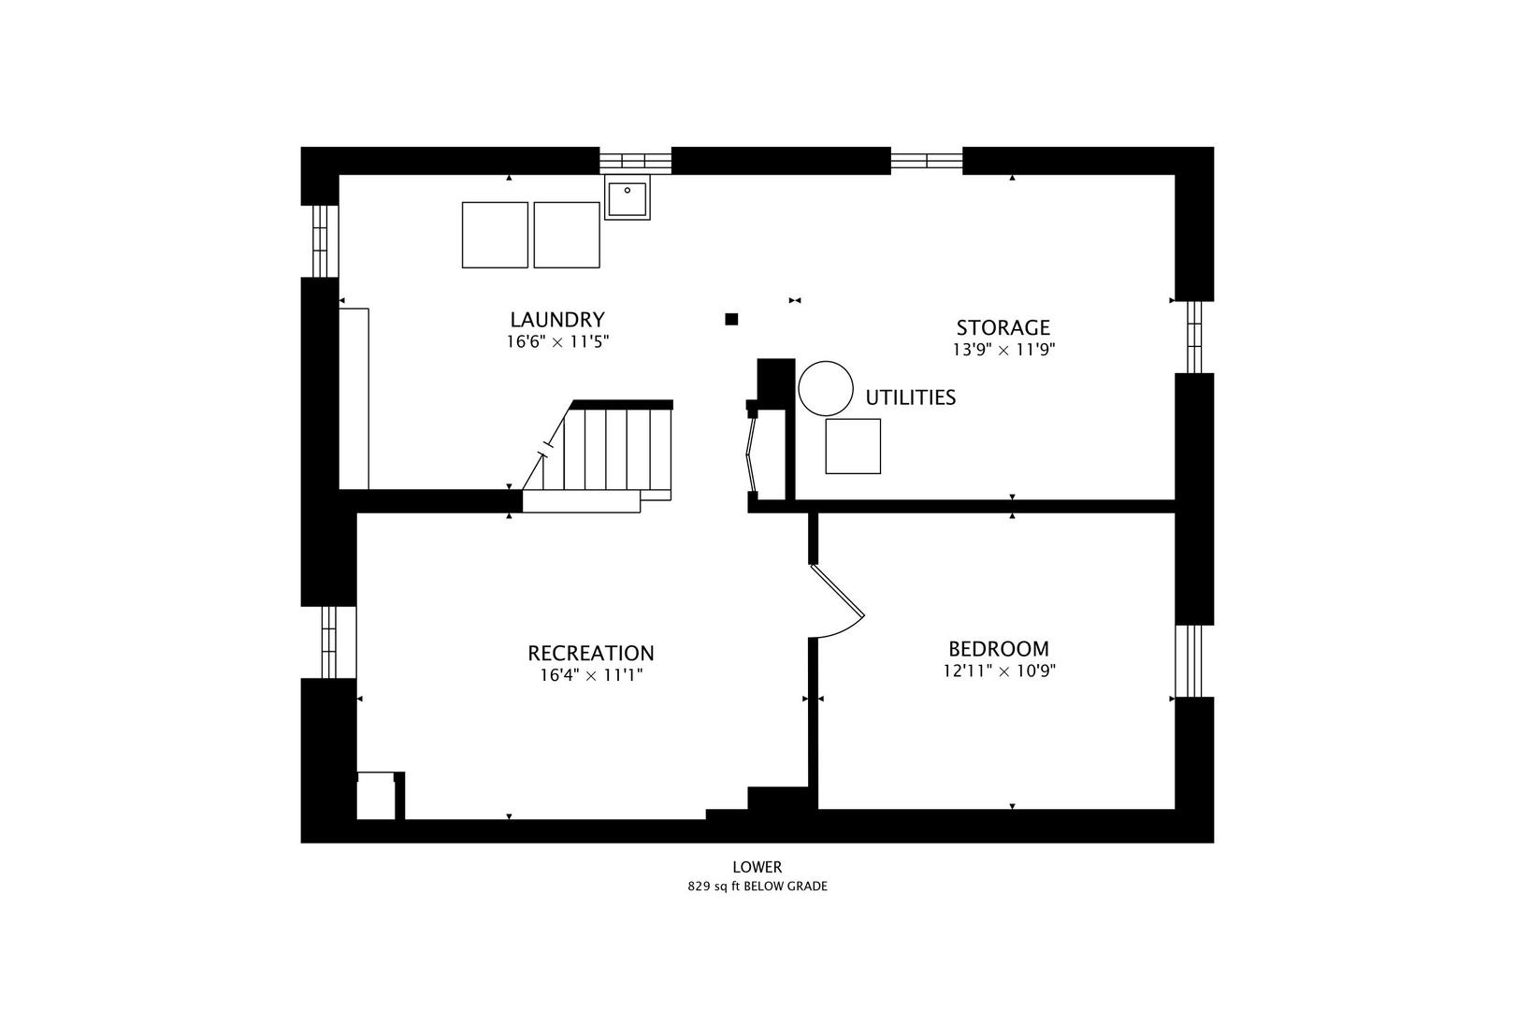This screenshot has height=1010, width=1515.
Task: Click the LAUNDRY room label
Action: (x=556, y=319)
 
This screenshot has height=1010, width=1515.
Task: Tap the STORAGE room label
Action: (x=1003, y=327)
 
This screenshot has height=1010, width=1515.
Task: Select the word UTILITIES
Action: (x=910, y=397)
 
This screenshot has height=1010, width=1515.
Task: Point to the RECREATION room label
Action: (x=590, y=653)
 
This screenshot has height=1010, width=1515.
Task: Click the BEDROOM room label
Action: (x=999, y=649)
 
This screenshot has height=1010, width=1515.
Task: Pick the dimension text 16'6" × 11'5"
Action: (x=558, y=341)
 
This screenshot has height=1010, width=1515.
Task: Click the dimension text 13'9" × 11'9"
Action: (x=1004, y=350)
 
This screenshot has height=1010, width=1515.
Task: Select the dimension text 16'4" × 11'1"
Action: (x=591, y=675)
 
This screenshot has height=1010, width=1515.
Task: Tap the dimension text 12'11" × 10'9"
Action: (x=1000, y=671)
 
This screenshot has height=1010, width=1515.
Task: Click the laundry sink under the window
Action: (x=627, y=197)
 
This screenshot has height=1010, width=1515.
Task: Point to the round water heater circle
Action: (x=826, y=388)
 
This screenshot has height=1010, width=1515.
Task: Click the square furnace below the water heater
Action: (x=853, y=446)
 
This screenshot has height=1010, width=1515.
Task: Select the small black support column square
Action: (x=731, y=319)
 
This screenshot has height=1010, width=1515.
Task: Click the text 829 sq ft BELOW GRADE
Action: (x=757, y=887)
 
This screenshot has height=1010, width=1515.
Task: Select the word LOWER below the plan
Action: (x=757, y=867)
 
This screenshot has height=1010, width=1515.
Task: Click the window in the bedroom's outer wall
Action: (x=1189, y=661)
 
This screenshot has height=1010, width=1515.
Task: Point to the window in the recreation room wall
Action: (x=328, y=642)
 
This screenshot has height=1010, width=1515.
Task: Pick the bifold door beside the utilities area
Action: (x=751, y=454)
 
